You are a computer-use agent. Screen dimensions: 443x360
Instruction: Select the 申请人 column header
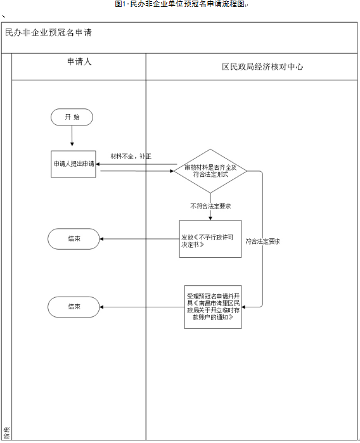click(79, 63)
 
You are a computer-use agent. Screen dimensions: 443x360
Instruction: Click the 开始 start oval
click(72, 117)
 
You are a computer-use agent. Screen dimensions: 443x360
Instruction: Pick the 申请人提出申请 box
click(74, 164)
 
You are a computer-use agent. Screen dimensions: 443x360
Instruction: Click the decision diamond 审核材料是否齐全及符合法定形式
click(210, 171)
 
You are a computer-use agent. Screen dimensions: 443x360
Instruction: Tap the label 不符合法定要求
click(210, 206)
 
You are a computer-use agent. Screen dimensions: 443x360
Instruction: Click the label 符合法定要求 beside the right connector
click(263, 241)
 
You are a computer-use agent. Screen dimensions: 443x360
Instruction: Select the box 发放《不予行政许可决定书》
click(210, 239)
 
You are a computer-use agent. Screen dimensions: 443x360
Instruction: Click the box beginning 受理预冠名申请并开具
click(214, 307)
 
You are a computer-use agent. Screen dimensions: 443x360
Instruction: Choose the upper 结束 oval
click(74, 239)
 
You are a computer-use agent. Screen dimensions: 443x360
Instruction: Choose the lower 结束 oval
click(74, 307)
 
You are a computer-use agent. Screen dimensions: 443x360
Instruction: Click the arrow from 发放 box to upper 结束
click(139, 239)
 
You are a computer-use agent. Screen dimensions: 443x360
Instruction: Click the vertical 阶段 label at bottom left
click(6, 433)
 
